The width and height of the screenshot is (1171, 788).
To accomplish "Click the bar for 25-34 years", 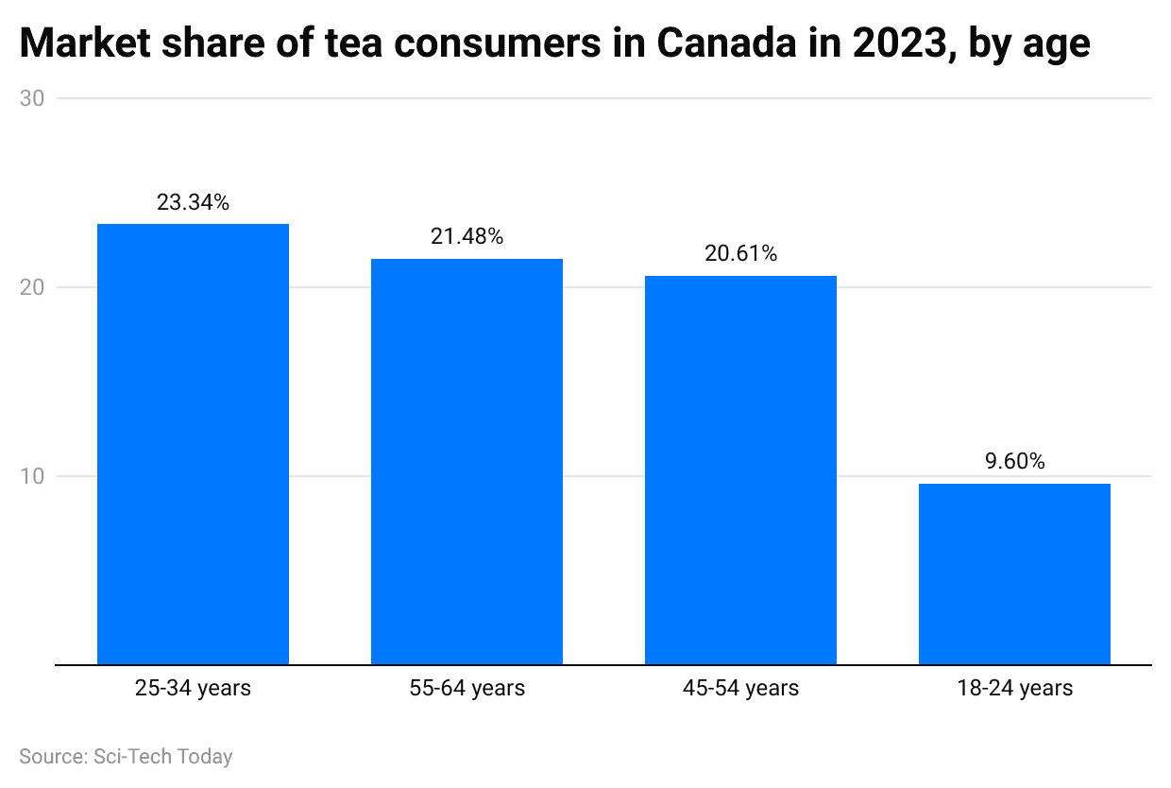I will [193, 444].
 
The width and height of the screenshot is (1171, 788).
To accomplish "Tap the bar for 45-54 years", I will [740, 470].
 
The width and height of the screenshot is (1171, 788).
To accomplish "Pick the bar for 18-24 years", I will [1014, 574].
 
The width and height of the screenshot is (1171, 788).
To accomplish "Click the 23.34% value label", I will [193, 202].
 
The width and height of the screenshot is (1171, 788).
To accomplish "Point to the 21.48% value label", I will [467, 237].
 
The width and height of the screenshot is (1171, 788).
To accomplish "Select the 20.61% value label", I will [740, 254].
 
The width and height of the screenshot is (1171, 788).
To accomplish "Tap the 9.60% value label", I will [1014, 462].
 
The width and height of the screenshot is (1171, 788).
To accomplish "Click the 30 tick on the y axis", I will [31, 98].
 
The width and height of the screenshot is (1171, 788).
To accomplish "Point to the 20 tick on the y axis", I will [31, 287].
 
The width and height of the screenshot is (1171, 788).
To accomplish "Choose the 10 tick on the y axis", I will [31, 476].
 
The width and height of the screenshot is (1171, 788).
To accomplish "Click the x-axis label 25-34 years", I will [193, 688].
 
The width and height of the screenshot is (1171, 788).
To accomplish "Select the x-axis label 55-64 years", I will [467, 688].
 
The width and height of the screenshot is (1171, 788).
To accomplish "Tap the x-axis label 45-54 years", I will [740, 688].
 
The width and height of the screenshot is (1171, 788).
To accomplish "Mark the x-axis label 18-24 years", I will [1014, 688].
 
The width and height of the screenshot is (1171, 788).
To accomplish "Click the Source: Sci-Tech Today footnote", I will [126, 756].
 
